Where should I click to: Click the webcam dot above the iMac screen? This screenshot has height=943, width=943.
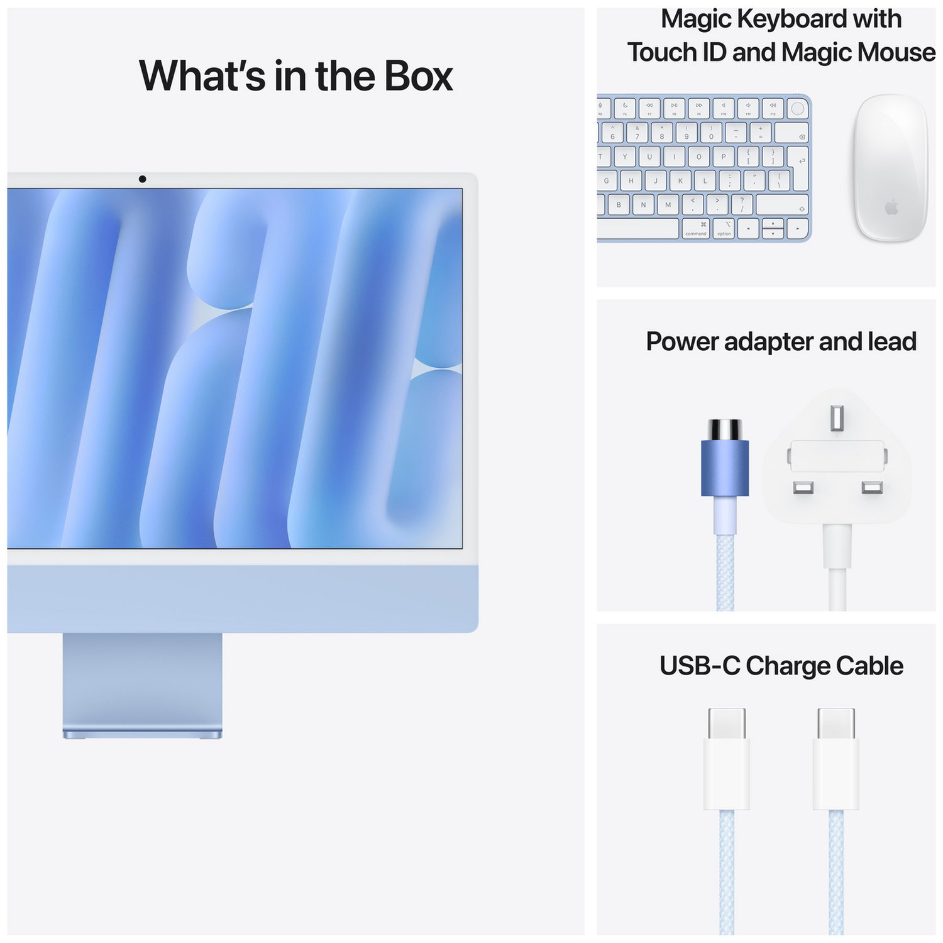(x=143, y=179)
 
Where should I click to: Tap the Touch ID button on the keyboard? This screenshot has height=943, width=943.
(x=797, y=108)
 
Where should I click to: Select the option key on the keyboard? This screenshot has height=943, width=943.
(x=725, y=228)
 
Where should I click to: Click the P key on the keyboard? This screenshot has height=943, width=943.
(x=723, y=157)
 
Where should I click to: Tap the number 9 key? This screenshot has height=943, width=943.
(x=687, y=133)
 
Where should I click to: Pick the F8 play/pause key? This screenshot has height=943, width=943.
(x=674, y=108)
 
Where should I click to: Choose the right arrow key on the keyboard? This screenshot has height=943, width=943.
(x=798, y=229)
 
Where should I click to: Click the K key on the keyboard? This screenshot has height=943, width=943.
(x=680, y=181)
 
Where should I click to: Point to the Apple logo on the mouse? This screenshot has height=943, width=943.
(x=891, y=207)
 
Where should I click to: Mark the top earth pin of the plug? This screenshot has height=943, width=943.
(x=837, y=418)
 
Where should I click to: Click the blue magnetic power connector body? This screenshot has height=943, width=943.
(x=725, y=468)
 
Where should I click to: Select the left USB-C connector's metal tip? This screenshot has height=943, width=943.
(x=727, y=723)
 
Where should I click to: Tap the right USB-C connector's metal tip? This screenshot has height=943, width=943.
(x=836, y=723)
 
